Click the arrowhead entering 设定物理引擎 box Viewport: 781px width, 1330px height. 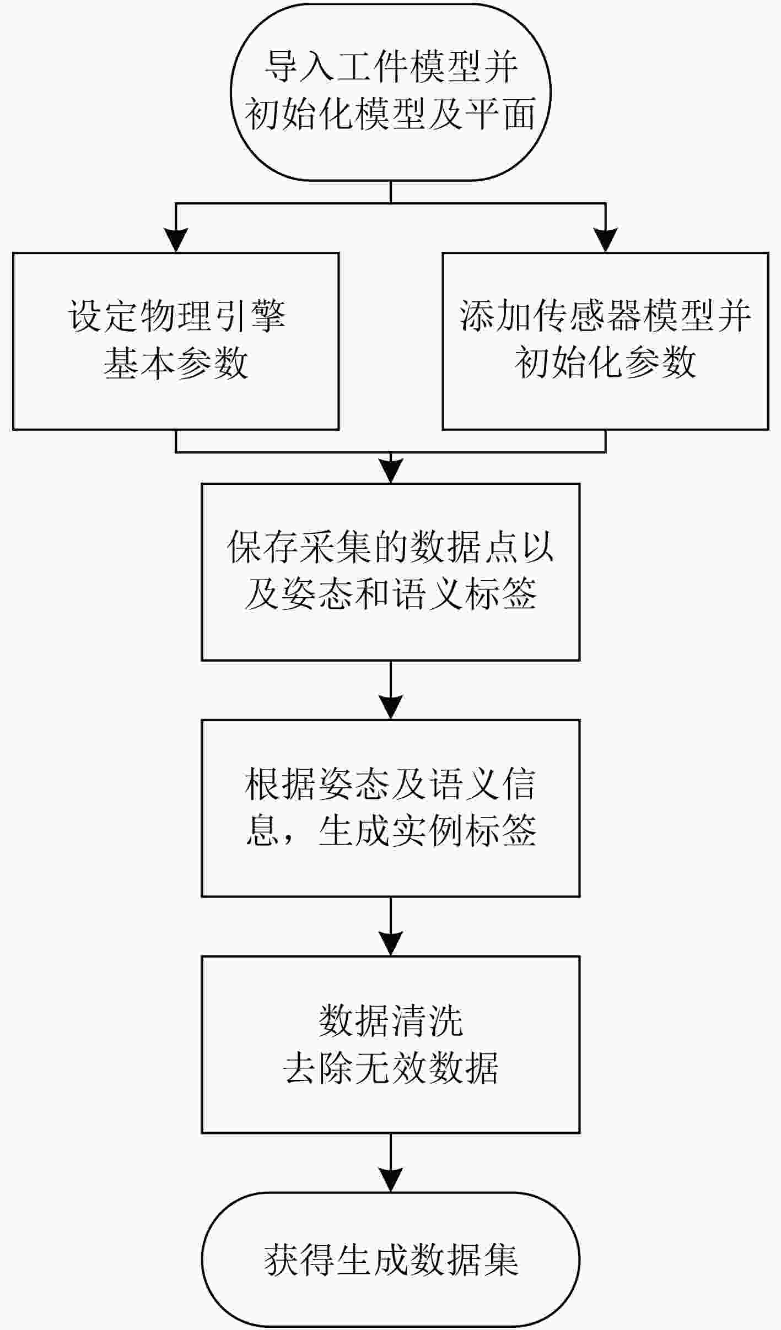[x=176, y=241]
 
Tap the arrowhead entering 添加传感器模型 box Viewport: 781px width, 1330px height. [x=606, y=241]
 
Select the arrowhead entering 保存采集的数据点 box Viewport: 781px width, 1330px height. [x=391, y=472]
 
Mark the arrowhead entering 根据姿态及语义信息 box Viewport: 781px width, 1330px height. [x=391, y=708]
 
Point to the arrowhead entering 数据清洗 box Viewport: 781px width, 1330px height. [x=391, y=944]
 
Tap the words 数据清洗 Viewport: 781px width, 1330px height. [x=391, y=1021]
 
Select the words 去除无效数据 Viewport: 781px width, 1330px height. [x=391, y=1068]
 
